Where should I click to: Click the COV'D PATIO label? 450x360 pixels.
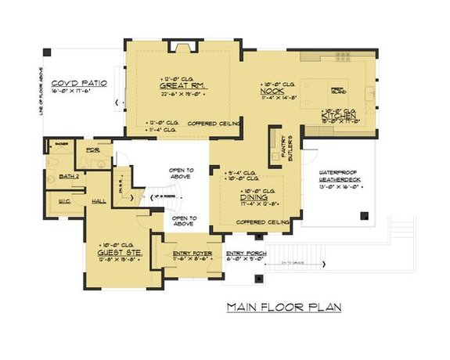[79, 82]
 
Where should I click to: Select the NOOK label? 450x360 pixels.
[271, 90]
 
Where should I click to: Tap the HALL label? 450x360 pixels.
[99, 201]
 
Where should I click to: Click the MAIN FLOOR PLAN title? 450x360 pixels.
[284, 308]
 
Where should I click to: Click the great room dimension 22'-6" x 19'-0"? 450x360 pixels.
[182, 95]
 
